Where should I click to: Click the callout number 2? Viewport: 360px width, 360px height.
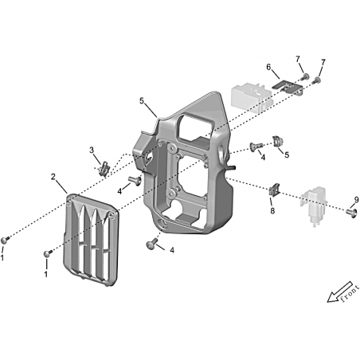pyautogui.click(x=53, y=177)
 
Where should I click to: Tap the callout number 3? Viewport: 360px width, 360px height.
pyautogui.click(x=92, y=151)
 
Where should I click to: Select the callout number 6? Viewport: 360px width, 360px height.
pyautogui.click(x=268, y=67)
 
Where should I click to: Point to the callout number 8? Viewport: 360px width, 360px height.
pyautogui.click(x=272, y=211)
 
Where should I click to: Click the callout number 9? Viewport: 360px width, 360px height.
pyautogui.click(x=356, y=200)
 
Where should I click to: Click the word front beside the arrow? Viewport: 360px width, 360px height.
pyautogui.click(x=350, y=294)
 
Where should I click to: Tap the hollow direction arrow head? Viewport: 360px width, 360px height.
pyautogui.click(x=331, y=298)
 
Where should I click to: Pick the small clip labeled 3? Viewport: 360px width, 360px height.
pyautogui.click(x=104, y=169)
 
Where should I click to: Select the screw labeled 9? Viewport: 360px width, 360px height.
pyautogui.click(x=350, y=213)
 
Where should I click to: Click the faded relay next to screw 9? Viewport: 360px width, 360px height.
pyautogui.click(x=314, y=205)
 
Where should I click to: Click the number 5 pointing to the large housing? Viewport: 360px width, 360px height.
pyautogui.click(x=142, y=101)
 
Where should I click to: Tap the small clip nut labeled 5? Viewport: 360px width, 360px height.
pyautogui.click(x=278, y=141)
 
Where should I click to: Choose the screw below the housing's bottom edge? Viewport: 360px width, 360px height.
pyautogui.click(x=152, y=243)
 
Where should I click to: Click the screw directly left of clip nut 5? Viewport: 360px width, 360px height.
pyautogui.click(x=256, y=146)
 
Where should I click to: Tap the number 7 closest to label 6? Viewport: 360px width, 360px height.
pyautogui.click(x=298, y=59)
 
